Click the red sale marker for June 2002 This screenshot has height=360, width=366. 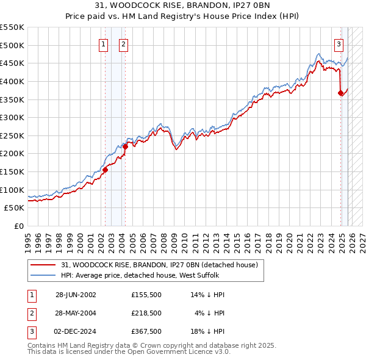(105, 170)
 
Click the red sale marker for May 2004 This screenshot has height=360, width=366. (125, 146)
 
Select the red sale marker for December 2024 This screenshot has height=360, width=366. (340, 93)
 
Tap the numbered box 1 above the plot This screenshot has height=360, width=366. (104, 44)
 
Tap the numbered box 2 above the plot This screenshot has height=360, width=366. (124, 44)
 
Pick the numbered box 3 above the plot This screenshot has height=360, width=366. (339, 44)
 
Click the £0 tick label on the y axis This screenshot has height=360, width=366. (18, 226)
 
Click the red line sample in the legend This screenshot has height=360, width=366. (43, 265)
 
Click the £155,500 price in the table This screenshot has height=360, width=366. (146, 295)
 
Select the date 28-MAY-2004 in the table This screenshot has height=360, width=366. (75, 313)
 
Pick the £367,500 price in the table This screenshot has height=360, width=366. (146, 331)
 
